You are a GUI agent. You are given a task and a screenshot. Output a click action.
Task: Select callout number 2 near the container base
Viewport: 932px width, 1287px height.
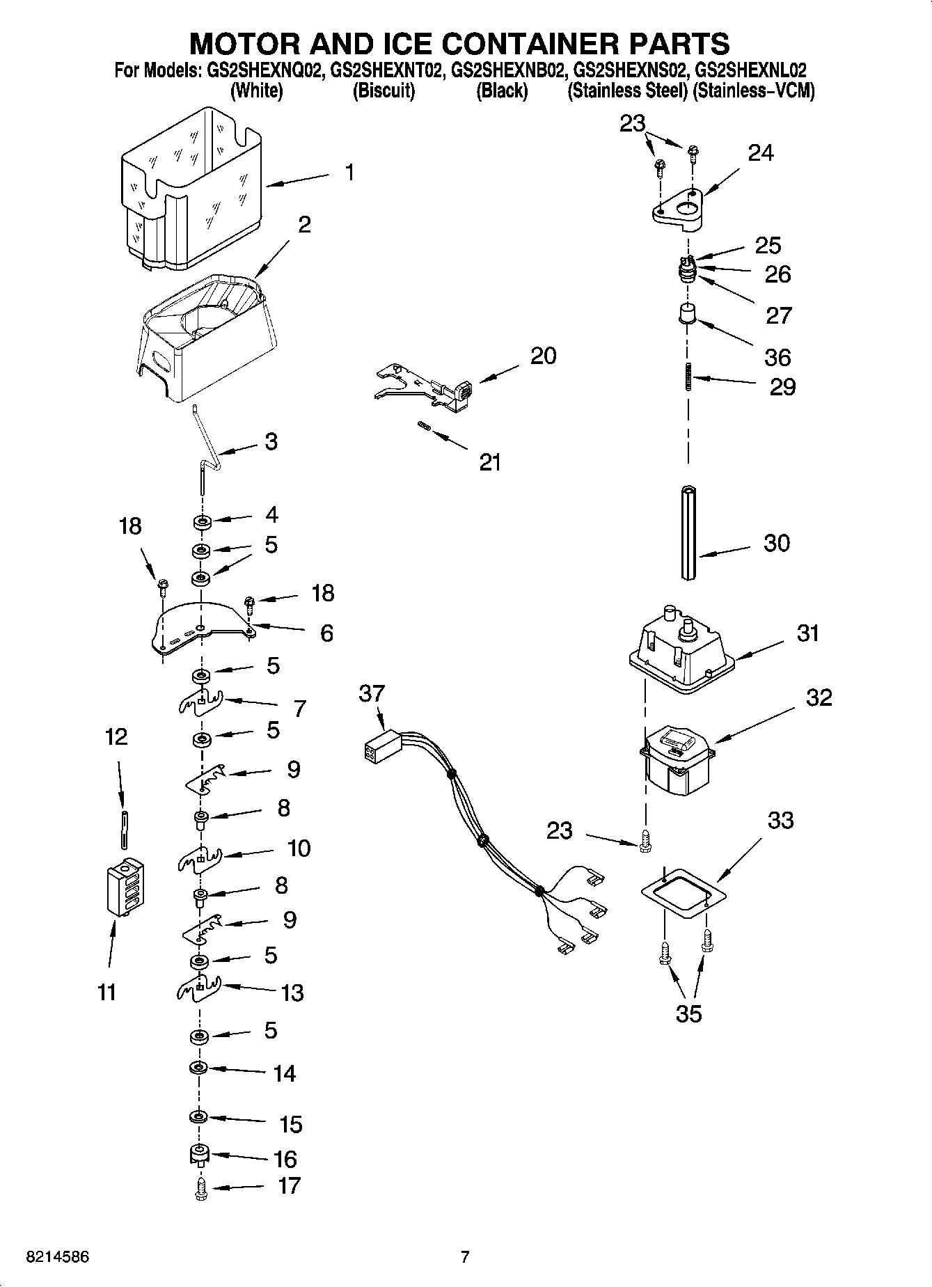[x=304, y=225]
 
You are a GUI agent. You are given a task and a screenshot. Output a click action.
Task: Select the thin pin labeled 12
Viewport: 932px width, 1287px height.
[x=124, y=830]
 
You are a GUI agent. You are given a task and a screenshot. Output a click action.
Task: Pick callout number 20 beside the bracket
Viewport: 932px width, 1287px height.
[x=543, y=356]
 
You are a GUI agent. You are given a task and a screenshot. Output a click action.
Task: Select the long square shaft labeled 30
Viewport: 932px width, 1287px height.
[x=688, y=533]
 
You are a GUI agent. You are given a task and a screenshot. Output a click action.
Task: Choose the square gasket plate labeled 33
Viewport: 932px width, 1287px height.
[x=683, y=894]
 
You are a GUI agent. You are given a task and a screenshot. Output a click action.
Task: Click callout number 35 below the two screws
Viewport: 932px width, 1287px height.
[x=688, y=1013]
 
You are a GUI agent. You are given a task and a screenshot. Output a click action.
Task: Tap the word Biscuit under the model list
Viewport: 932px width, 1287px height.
[x=384, y=91]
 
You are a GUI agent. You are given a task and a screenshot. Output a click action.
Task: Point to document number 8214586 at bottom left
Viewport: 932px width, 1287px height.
[x=58, y=1258]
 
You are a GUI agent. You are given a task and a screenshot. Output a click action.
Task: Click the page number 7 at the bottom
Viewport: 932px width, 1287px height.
[x=465, y=1257]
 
